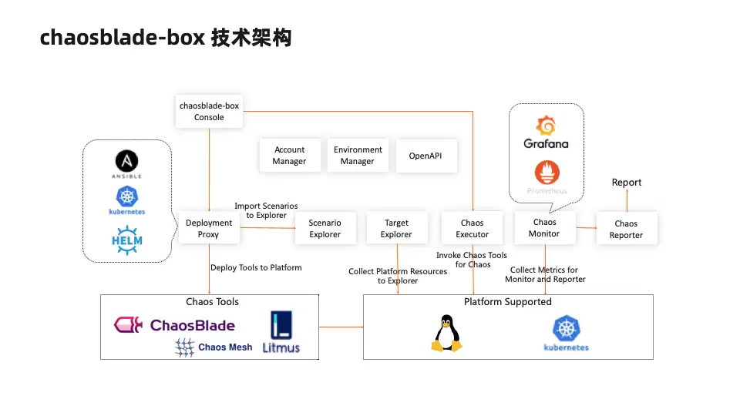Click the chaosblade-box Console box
pyautogui.click(x=209, y=111)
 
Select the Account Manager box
pyautogui.click(x=289, y=155)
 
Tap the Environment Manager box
pyautogui.click(x=358, y=155)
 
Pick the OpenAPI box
pyautogui.click(x=426, y=156)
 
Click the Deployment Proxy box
pyautogui.click(x=209, y=228)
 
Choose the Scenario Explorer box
pyautogui.click(x=325, y=228)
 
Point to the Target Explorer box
pyautogui.click(x=396, y=228)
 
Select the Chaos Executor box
pyautogui.click(x=472, y=228)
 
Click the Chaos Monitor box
pyautogui.click(x=545, y=228)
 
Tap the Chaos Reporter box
pyautogui.click(x=626, y=229)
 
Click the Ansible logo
pyautogui.click(x=127, y=164)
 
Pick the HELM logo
pyautogui.click(x=127, y=240)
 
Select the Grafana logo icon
pyautogui.click(x=546, y=126)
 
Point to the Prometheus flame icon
pyautogui.click(x=547, y=172)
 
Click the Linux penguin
pyautogui.click(x=446, y=333)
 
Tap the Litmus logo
pyautogui.click(x=281, y=332)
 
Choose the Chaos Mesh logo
pyautogui.click(x=214, y=347)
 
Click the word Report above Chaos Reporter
pyautogui.click(x=627, y=183)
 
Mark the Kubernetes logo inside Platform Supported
pyautogui.click(x=567, y=334)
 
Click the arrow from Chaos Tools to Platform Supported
pyautogui.click(x=341, y=327)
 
